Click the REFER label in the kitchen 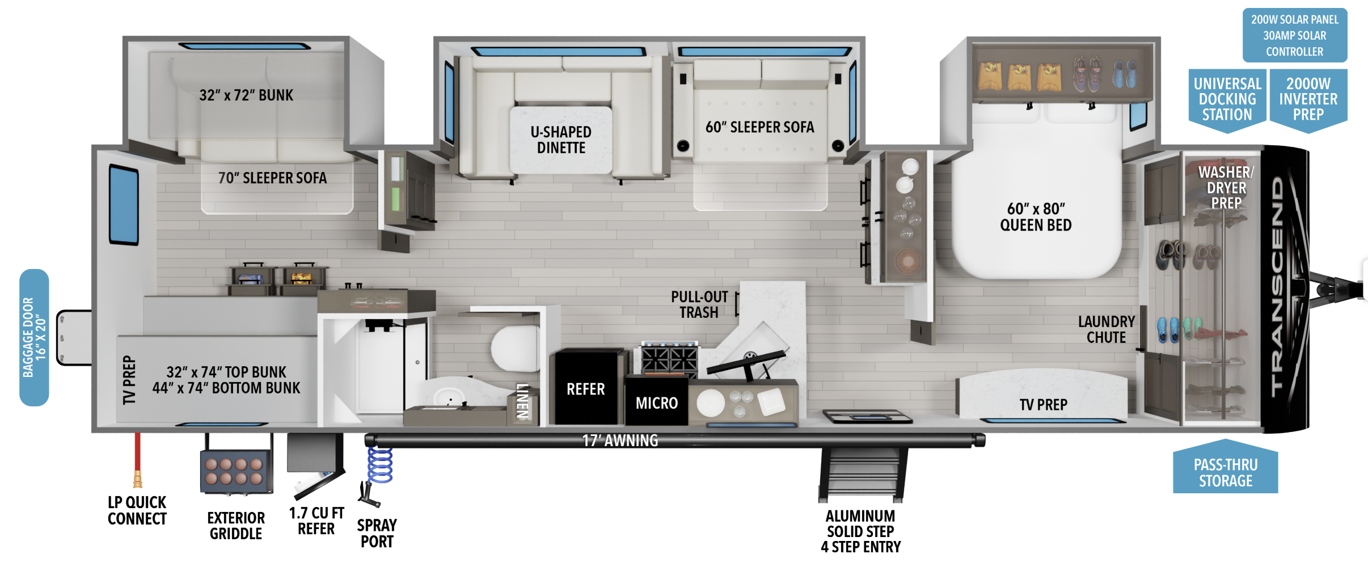point(586,389)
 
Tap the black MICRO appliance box point(657,400)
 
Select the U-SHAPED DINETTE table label point(561,140)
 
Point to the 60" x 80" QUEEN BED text point(1036,217)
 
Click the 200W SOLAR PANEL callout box point(1295,35)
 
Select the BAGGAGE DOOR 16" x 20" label point(34,338)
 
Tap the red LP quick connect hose point(137,460)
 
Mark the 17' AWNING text point(620,440)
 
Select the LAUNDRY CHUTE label point(1106,330)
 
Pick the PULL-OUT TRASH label point(699,305)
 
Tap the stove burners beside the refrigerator point(669,359)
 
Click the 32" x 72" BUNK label point(246,95)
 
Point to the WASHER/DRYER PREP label point(1226,188)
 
